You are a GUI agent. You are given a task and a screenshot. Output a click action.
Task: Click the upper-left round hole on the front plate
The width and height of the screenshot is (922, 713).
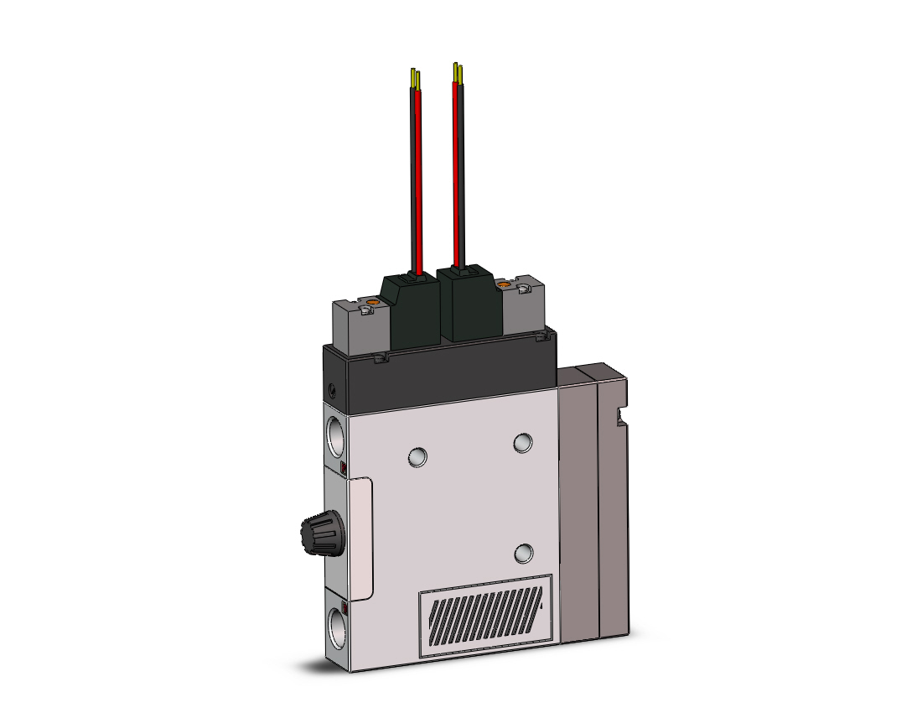417,456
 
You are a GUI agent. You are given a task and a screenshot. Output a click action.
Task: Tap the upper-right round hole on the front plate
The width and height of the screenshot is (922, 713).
523,442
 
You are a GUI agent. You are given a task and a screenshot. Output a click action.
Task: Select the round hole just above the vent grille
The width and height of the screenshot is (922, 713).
525,553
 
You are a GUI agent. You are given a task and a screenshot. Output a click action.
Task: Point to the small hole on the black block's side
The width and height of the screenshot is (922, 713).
333,390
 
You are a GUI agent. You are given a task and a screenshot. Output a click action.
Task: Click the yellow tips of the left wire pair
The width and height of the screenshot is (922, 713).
415,78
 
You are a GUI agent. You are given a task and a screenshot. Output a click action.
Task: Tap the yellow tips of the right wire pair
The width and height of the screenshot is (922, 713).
456,70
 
